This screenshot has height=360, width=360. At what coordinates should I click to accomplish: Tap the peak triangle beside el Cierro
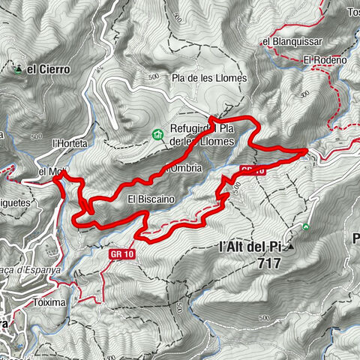click(x=18, y=69)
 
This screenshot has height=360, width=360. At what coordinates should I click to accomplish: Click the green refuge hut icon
click(x=157, y=135)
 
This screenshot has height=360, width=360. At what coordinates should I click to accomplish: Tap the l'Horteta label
click(x=70, y=142)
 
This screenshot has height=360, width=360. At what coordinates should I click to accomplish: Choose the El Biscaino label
click(x=151, y=199)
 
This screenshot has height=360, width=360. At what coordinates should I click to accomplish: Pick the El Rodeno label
click(x=325, y=60)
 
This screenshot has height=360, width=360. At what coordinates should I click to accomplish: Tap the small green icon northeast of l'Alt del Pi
click(x=306, y=226)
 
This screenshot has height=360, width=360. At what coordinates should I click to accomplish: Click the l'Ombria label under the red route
click(x=182, y=169)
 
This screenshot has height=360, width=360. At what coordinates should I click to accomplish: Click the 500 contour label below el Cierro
click(x=37, y=137)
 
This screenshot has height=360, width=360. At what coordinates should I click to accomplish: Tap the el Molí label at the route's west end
click(x=50, y=172)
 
